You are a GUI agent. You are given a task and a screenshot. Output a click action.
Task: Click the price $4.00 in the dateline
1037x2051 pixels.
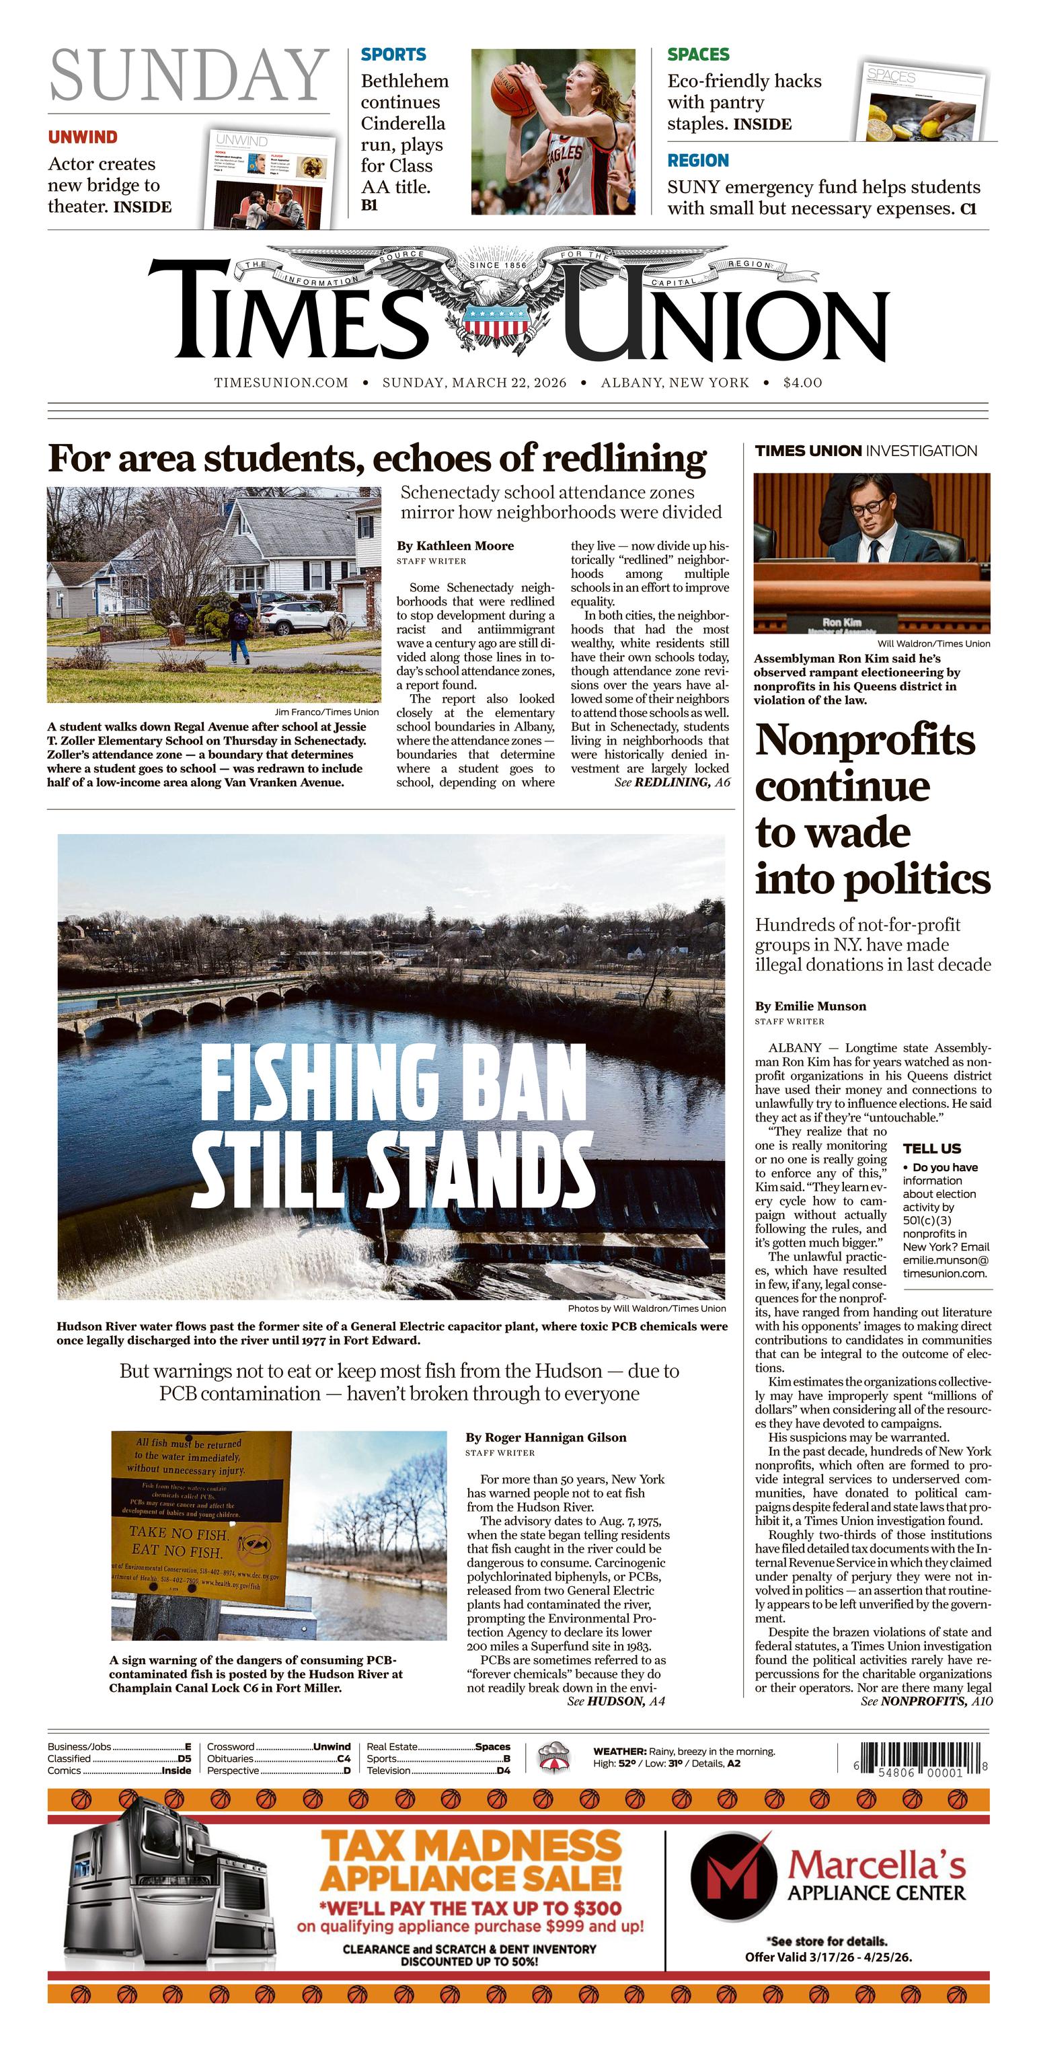point(802,382)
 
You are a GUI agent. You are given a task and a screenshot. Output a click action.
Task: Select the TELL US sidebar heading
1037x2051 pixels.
point(932,1148)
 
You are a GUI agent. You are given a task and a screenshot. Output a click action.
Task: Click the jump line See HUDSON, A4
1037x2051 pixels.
point(616,1701)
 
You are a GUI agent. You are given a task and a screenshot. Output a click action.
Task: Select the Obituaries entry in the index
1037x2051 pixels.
point(231,1758)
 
